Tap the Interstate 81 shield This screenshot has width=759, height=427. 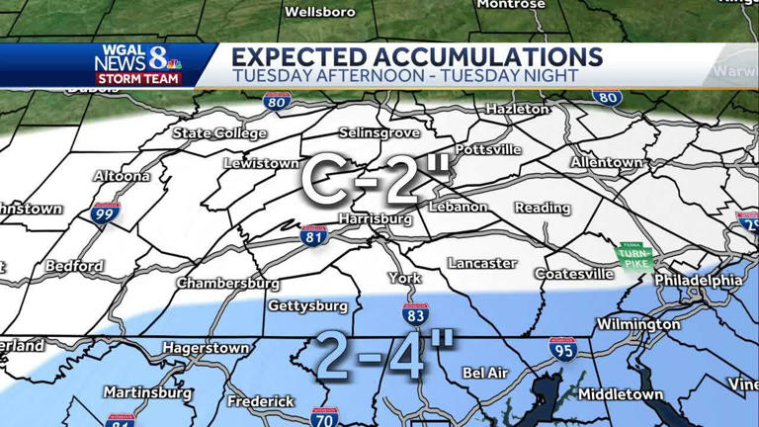point(314,236)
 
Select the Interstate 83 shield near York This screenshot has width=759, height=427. point(416,316)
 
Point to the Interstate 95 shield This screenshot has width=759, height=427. point(563,348)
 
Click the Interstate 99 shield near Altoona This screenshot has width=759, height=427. point(103,212)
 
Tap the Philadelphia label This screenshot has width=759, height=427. point(698,281)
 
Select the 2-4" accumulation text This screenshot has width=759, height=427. point(384,355)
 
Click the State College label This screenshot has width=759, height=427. point(219,133)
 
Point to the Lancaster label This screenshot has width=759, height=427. point(481,263)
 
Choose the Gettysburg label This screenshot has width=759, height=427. point(307,305)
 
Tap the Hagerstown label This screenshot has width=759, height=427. point(206,348)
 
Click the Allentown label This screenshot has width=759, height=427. point(607,161)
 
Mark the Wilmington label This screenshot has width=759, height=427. point(637,324)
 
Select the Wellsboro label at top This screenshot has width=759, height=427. point(319,12)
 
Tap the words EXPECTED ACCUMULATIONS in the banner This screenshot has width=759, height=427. point(416,56)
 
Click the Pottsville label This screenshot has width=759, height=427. point(488,149)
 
